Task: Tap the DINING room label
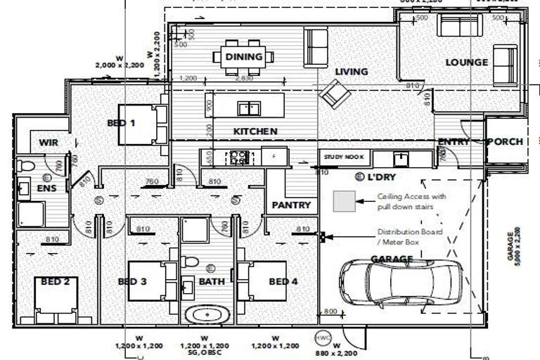click(243, 57)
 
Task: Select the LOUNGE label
click(466, 63)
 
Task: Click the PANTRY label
click(291, 205)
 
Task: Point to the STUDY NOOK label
click(340, 157)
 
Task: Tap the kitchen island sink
click(247, 108)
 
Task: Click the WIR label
click(48, 142)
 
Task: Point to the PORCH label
click(506, 141)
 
